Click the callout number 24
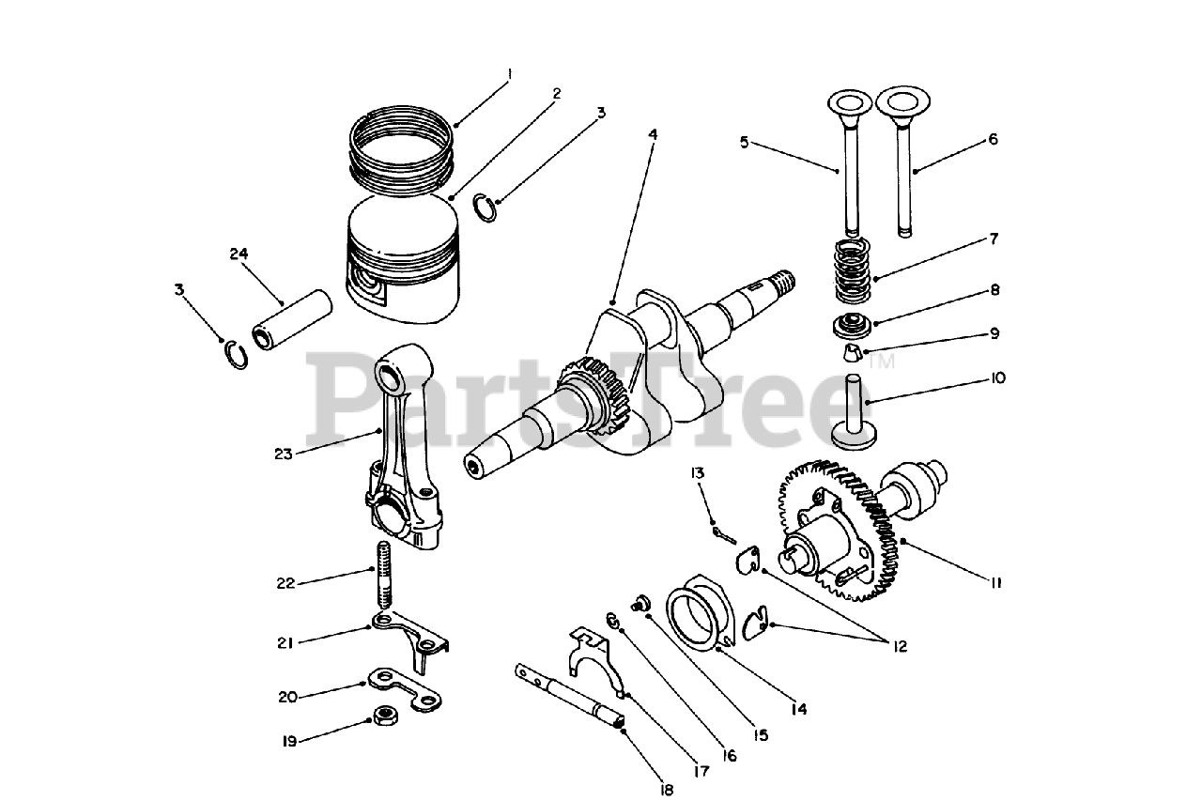[239, 253]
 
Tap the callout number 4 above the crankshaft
[652, 134]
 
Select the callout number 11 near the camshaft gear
[995, 582]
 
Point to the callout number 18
[666, 790]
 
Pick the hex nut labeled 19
[383, 715]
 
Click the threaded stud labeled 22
[384, 574]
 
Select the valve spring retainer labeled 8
[851, 329]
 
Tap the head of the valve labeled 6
[900, 100]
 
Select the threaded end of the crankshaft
[781, 280]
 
